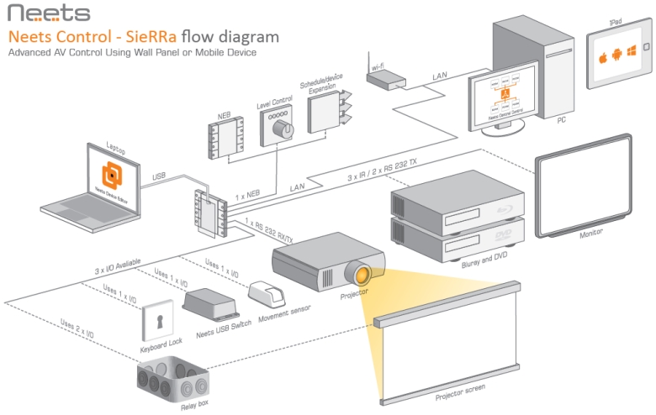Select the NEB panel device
tap(225, 134)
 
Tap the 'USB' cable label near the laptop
tap(159, 176)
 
